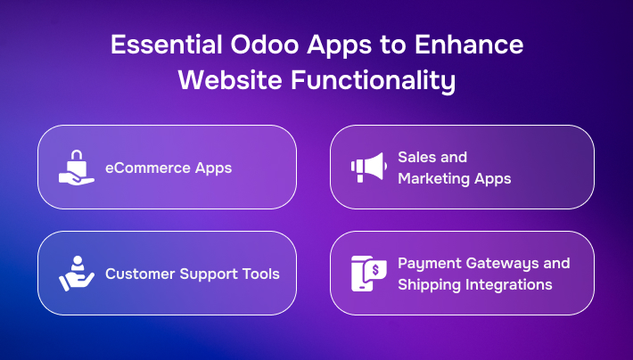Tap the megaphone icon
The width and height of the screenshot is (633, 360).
[367, 167]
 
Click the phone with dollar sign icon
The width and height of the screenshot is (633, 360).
[367, 273]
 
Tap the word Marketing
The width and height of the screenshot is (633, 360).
[434, 178]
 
